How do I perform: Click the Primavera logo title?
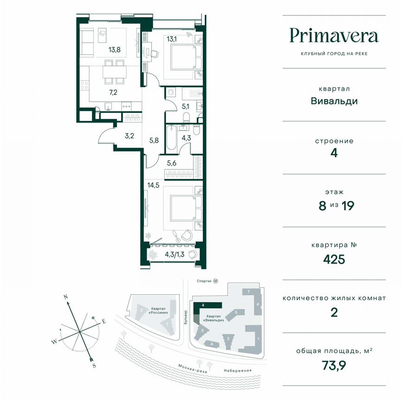[334, 36]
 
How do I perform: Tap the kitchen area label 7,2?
[113, 92]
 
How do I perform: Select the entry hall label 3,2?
[129, 136]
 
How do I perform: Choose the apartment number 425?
[334, 259]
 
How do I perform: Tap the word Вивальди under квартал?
[334, 101]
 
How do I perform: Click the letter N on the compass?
[66, 296]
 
